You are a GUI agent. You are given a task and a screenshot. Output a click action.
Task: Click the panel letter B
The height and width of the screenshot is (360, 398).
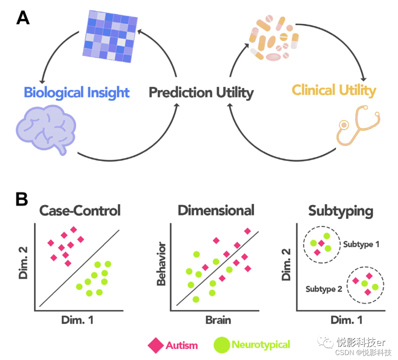click(x=21, y=199)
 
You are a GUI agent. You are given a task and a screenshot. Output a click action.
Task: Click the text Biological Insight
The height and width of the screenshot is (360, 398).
click(x=77, y=92)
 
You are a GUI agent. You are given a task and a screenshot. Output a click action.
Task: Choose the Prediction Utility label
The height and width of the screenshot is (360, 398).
click(x=201, y=92)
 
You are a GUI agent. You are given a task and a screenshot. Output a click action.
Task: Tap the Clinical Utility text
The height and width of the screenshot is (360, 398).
click(x=334, y=90)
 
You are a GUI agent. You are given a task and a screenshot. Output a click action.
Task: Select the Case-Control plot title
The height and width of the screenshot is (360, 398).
click(x=80, y=211)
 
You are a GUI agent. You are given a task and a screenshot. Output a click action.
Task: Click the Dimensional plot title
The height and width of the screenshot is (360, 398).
click(x=216, y=211)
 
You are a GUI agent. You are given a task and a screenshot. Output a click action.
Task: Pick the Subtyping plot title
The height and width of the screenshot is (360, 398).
click(x=341, y=211)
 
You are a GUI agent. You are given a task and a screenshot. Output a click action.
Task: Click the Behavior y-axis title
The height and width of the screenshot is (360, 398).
click(x=161, y=265)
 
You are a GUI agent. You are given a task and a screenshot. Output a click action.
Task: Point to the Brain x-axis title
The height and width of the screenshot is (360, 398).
click(x=218, y=320)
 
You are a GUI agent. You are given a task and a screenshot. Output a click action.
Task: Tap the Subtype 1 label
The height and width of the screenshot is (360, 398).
click(x=361, y=244)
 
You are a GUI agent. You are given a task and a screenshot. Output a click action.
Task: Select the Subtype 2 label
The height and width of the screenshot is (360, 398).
click(x=324, y=289)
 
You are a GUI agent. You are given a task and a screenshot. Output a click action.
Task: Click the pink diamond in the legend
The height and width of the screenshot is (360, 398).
click(x=156, y=345)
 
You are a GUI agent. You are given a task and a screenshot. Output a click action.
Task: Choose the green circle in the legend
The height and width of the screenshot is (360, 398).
click(x=222, y=345)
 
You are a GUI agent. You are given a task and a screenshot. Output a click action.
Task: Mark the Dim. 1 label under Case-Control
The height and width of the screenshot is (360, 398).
click(x=77, y=320)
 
